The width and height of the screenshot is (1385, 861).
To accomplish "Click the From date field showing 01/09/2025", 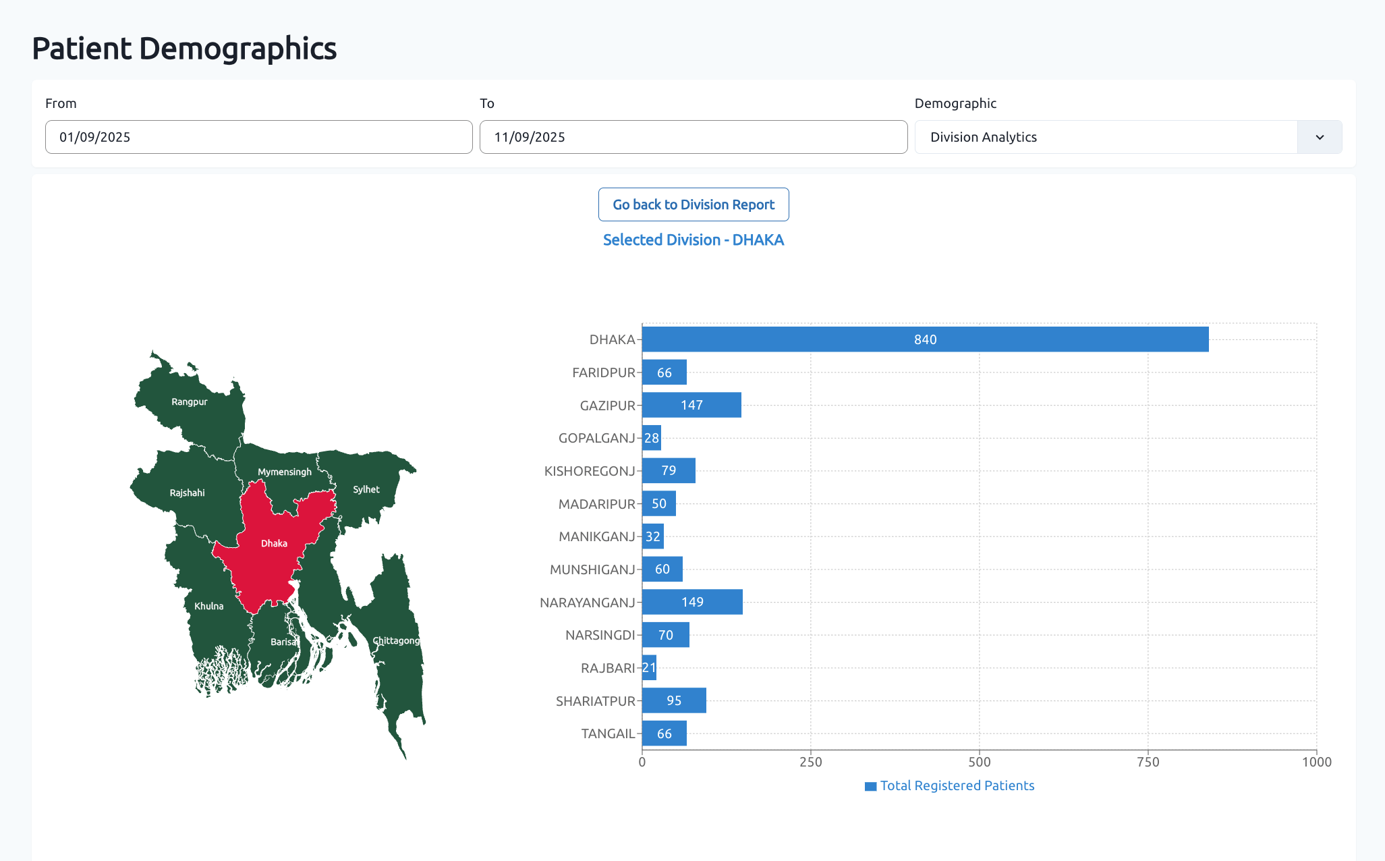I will [258, 137].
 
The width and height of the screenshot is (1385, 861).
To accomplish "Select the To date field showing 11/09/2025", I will [693, 137].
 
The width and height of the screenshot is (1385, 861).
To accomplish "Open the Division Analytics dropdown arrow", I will [1319, 137].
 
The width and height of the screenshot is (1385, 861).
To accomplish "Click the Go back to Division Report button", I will [693, 204].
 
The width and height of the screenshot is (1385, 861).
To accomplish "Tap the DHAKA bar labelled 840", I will [924, 339].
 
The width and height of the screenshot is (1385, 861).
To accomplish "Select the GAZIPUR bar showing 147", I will [691, 405].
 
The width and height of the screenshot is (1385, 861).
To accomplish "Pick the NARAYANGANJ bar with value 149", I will [692, 602].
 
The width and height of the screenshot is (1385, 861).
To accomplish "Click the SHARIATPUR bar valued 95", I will [674, 700].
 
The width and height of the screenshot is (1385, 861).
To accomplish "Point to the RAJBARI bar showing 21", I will [649, 668].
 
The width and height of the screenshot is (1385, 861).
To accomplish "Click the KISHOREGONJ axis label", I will [590, 471].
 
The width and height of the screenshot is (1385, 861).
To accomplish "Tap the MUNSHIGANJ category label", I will [592, 570].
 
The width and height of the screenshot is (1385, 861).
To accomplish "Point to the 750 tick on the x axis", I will [1148, 762].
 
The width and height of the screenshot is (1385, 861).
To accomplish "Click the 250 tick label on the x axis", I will [810, 762].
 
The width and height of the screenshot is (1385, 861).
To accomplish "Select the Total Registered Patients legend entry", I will [949, 785].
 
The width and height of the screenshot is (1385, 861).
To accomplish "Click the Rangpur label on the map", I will [189, 401].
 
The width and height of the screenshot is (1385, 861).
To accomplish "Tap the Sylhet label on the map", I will [366, 489].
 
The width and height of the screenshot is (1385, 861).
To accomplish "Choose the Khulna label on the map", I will [208, 606].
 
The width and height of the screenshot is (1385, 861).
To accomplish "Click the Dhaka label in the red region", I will [274, 543].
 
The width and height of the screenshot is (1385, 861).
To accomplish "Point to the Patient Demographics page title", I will [184, 49].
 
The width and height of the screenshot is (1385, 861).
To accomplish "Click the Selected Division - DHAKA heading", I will [693, 240].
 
